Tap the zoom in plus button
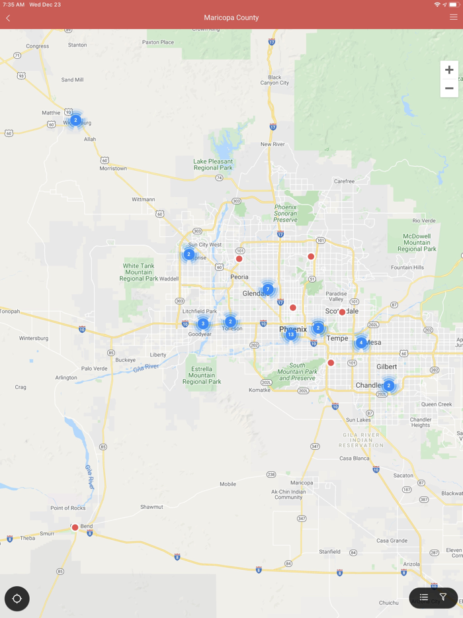[x=449, y=70]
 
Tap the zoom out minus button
[x=449, y=88]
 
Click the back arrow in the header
[x=8, y=18]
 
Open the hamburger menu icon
[x=454, y=17]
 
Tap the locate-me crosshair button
[x=17, y=599]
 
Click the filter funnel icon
[x=443, y=597]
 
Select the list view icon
[x=424, y=597]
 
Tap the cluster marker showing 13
[x=290, y=335]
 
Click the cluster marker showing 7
[x=268, y=289]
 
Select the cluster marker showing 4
[x=361, y=342]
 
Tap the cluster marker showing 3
[x=203, y=324]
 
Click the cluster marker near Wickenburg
[x=75, y=120]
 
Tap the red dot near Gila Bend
[x=75, y=527]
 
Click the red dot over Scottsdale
[x=342, y=312]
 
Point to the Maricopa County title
[x=232, y=18]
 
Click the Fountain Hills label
[x=407, y=267]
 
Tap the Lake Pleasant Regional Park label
[x=213, y=164]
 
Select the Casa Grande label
[x=392, y=541]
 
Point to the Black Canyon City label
[x=274, y=80]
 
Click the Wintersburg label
[x=34, y=338]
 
